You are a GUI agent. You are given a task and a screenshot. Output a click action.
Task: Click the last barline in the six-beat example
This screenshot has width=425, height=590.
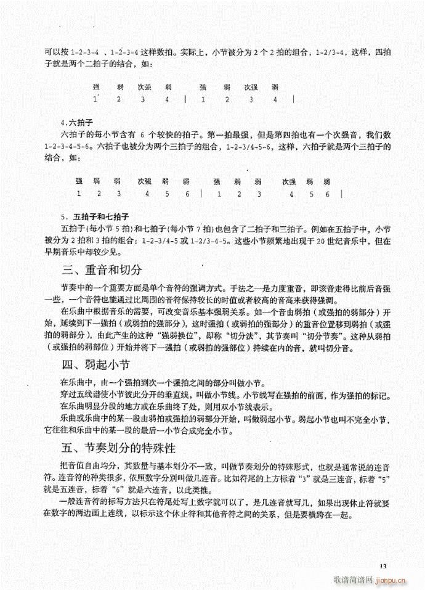point(342,194)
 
